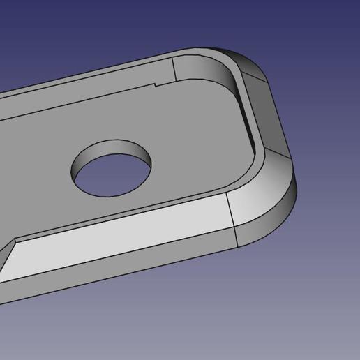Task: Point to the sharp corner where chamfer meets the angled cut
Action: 15,241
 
